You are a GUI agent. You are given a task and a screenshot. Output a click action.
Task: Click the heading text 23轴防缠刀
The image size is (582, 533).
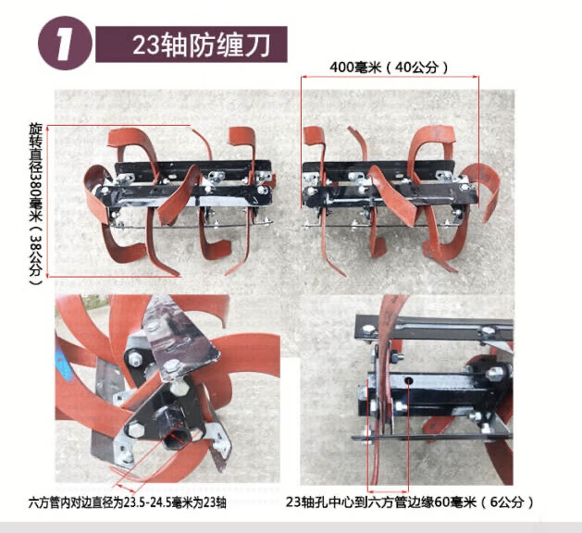tap(202, 45)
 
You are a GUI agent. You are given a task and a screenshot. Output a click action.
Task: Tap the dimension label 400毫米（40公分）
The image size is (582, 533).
tap(389, 68)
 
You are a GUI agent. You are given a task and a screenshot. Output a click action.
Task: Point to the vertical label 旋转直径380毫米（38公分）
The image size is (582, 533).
tap(36, 205)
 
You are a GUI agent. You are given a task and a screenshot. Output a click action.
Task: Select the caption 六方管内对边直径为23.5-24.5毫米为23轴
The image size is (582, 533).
tap(127, 503)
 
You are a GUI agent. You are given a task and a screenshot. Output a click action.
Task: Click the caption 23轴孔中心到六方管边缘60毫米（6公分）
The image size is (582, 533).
tap(410, 502)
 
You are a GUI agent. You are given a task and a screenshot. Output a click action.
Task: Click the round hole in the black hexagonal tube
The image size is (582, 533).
tap(409, 381)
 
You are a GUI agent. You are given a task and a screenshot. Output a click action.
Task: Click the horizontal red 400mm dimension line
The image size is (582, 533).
tap(390, 77)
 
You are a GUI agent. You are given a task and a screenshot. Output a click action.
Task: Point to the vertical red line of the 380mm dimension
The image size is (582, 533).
tap(47, 201)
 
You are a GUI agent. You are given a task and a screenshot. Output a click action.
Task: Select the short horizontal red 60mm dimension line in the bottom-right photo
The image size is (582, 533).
tap(389, 490)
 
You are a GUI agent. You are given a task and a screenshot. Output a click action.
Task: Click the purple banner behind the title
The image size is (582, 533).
tap(192, 44)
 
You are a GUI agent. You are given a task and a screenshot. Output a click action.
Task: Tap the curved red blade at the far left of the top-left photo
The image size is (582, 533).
tap(97, 193)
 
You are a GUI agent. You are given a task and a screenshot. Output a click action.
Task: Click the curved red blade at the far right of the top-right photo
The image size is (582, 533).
tap(484, 190)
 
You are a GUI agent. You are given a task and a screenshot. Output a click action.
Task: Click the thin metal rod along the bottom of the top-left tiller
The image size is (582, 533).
tap(193, 226)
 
